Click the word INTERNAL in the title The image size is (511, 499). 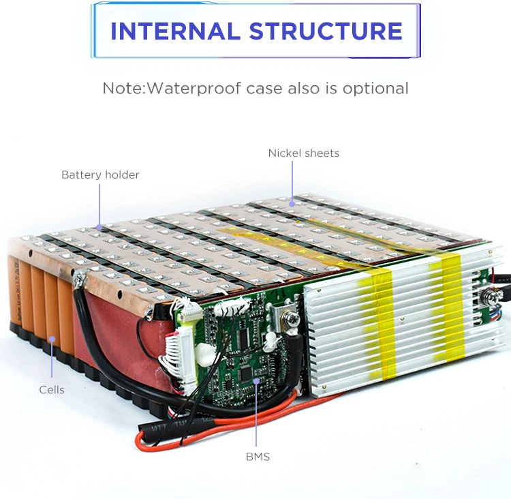pos(174,31)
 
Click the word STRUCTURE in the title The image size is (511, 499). pos(326,31)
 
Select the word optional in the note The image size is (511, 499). pos(375,88)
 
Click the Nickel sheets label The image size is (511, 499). pos(303,153)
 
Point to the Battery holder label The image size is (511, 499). pos(100,175)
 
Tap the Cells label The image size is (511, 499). pos(52,390)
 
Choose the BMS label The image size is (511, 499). pos(258,457)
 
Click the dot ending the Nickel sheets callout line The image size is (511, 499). pos(292,202)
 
